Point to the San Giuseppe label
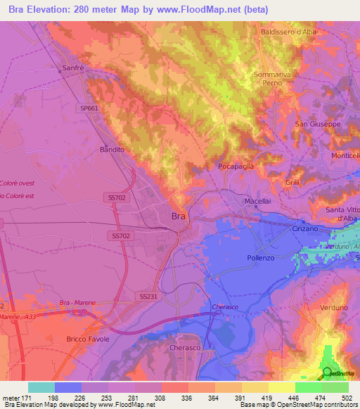point(317,124)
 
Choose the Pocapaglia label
point(236,166)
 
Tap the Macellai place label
point(257,202)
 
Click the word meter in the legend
point(12,397)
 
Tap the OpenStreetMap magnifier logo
point(326,372)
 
